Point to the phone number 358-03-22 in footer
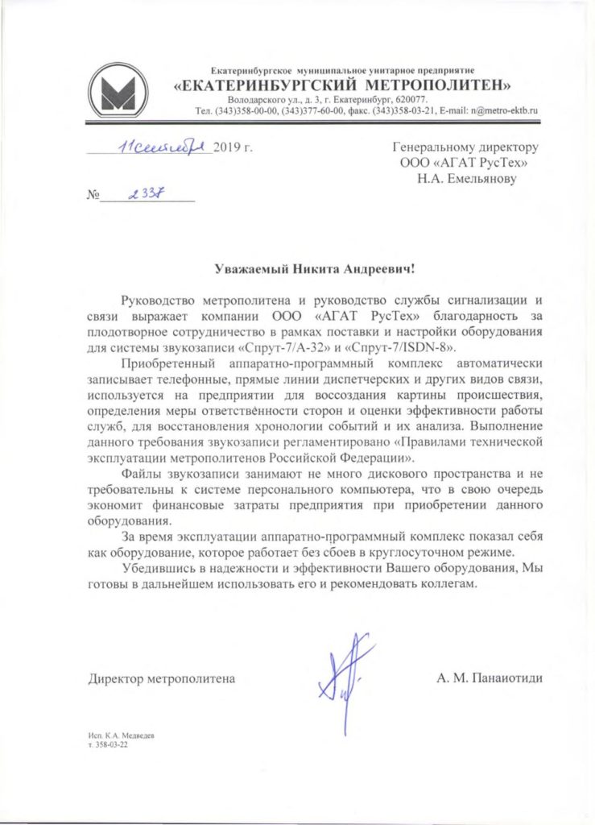click(x=112, y=747)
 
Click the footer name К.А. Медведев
click(x=127, y=737)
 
